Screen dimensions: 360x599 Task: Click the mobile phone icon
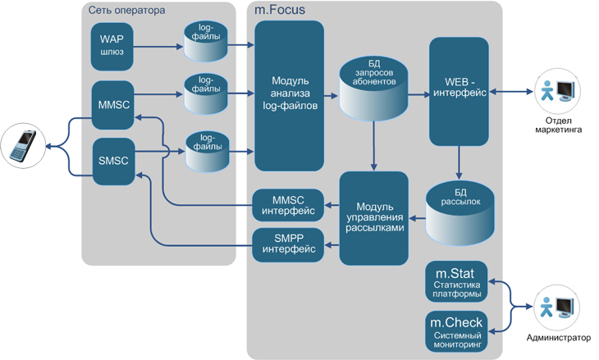point(22,147)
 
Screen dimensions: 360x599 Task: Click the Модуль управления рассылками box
point(373,216)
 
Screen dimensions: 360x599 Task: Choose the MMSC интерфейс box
point(288,204)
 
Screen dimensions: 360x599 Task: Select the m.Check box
point(458,330)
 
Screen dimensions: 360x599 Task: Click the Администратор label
point(559,337)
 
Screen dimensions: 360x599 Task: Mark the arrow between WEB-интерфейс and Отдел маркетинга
point(512,92)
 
